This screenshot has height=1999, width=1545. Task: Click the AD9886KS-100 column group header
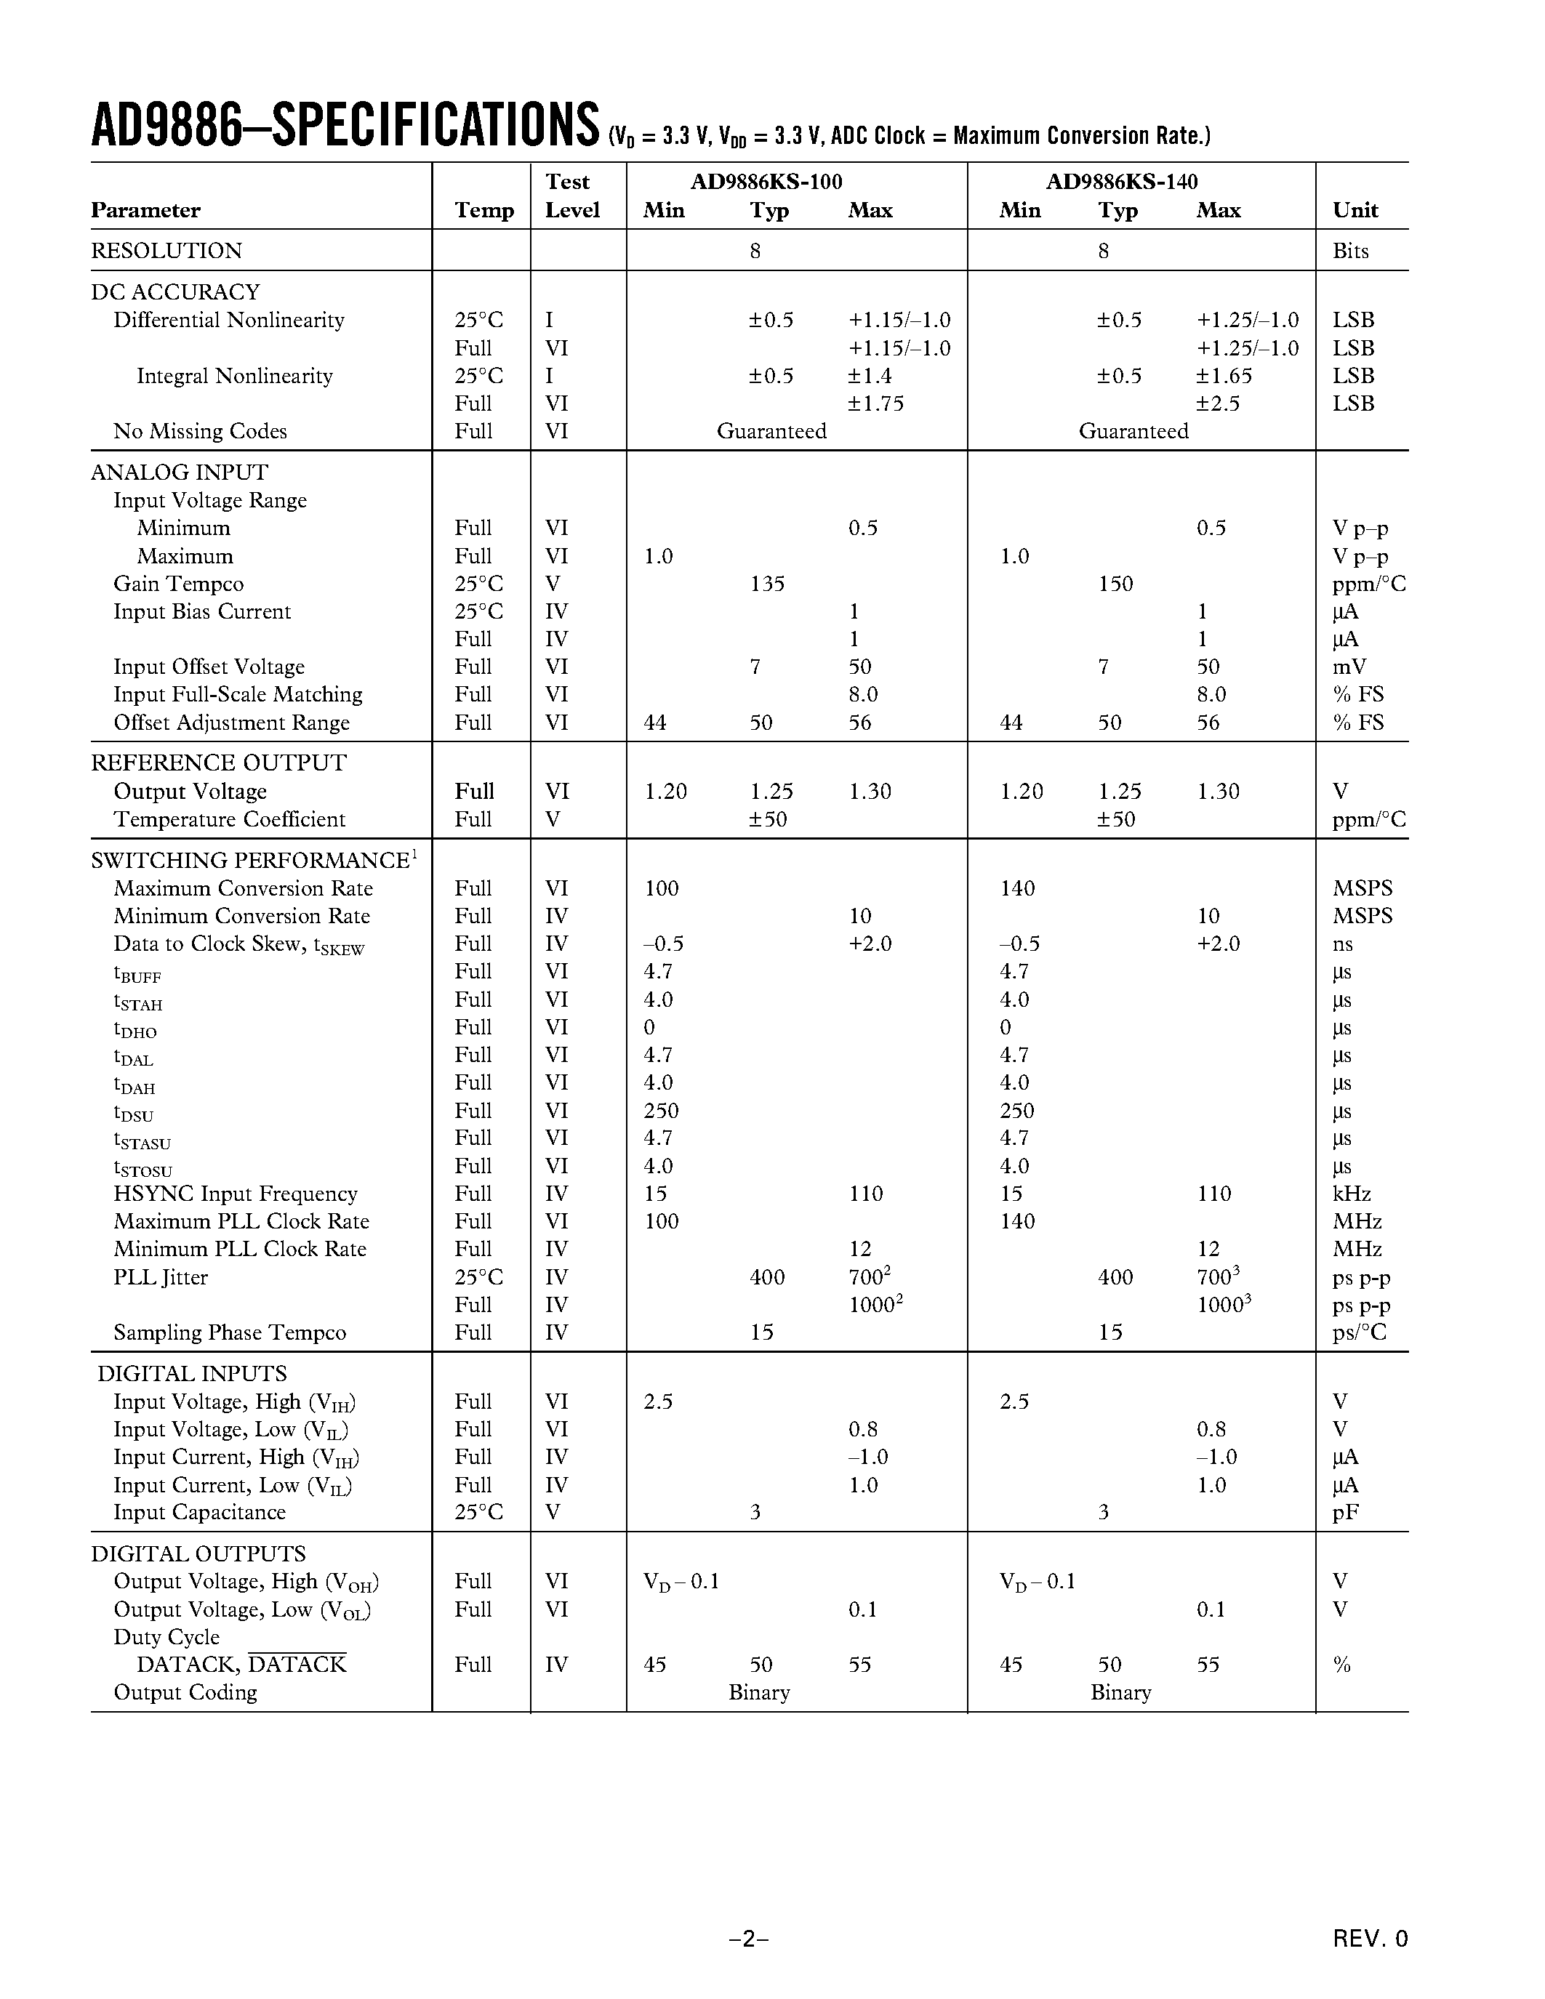pos(766,181)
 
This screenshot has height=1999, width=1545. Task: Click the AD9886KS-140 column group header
pos(1121,181)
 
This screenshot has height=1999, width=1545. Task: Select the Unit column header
pos(1355,211)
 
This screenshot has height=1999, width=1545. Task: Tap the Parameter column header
pos(145,211)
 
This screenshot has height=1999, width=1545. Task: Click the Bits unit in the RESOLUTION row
pos(1350,251)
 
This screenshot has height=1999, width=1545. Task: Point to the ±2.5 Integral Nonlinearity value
pos(1217,403)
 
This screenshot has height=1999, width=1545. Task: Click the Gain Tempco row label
pos(178,584)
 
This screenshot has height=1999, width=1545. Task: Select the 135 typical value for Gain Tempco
pos(767,584)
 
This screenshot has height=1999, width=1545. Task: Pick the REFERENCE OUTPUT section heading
pos(219,763)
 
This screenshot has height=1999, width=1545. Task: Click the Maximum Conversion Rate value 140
pos(1017,889)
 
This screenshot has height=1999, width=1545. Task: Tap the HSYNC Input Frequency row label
pos(236,1194)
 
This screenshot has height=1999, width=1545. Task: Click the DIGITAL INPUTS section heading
pos(192,1374)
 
